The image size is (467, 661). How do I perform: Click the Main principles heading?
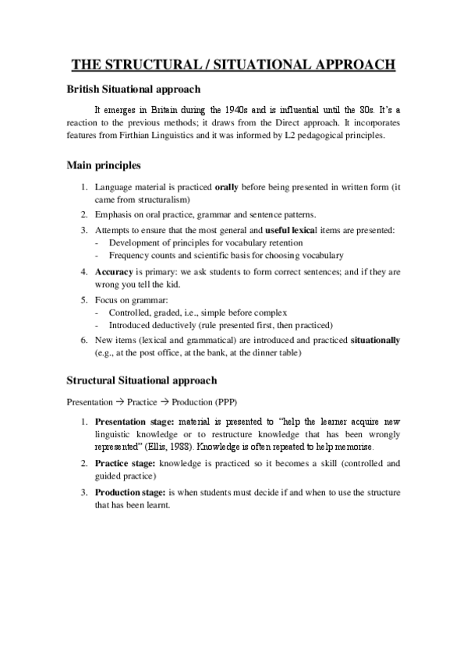tap(104, 166)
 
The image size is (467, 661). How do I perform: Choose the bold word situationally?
tap(376, 341)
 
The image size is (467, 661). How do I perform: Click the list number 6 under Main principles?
tap(83, 341)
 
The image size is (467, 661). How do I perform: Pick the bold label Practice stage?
tap(125, 463)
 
